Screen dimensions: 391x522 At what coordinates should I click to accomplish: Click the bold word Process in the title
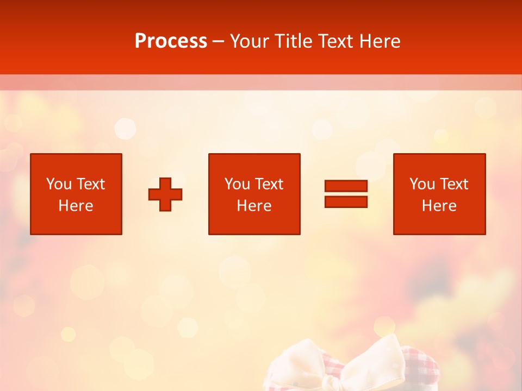pyautogui.click(x=171, y=41)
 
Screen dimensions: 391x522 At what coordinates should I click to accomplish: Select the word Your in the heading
pyautogui.click(x=250, y=41)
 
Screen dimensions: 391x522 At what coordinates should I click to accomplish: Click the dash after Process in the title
pyautogui.click(x=219, y=42)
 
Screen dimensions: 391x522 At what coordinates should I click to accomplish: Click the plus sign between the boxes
pyautogui.click(x=165, y=194)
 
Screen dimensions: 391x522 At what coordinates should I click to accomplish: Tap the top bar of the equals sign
pyautogui.click(x=346, y=186)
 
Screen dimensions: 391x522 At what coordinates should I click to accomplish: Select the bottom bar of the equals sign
pyautogui.click(x=346, y=202)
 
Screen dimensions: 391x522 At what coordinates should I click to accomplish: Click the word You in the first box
pyautogui.click(x=58, y=184)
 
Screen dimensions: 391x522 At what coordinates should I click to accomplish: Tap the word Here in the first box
pyautogui.click(x=76, y=206)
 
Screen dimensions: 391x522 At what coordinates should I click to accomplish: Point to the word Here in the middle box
pyautogui.click(x=254, y=206)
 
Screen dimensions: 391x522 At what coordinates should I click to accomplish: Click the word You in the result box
pyautogui.click(x=422, y=184)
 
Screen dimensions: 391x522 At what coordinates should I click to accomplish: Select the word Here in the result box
pyautogui.click(x=439, y=206)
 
